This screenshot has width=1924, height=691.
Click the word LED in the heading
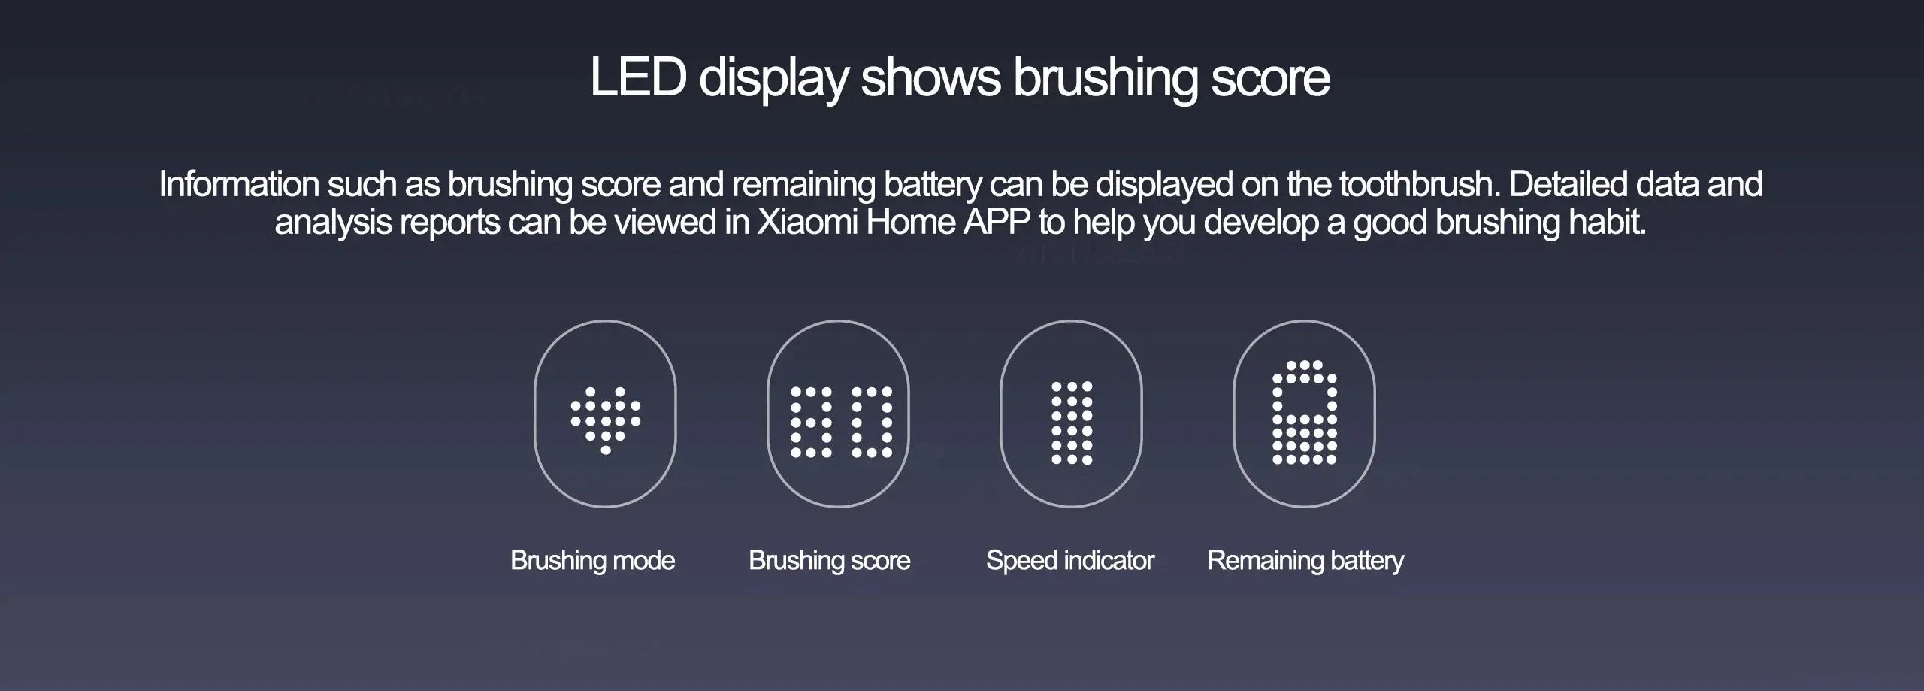pyautogui.click(x=637, y=77)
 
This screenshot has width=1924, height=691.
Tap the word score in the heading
pyautogui.click(x=1269, y=77)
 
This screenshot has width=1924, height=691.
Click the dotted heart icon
pyautogui.click(x=606, y=420)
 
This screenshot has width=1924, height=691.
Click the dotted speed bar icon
pyautogui.click(x=1072, y=422)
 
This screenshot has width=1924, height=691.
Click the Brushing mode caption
pyautogui.click(x=592, y=560)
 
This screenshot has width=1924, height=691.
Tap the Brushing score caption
pyautogui.click(x=829, y=560)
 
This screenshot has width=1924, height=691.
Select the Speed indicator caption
pyautogui.click(x=1069, y=560)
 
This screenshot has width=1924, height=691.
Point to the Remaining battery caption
pyautogui.click(x=1305, y=560)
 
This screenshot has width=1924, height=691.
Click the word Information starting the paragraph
pyautogui.click(x=239, y=184)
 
